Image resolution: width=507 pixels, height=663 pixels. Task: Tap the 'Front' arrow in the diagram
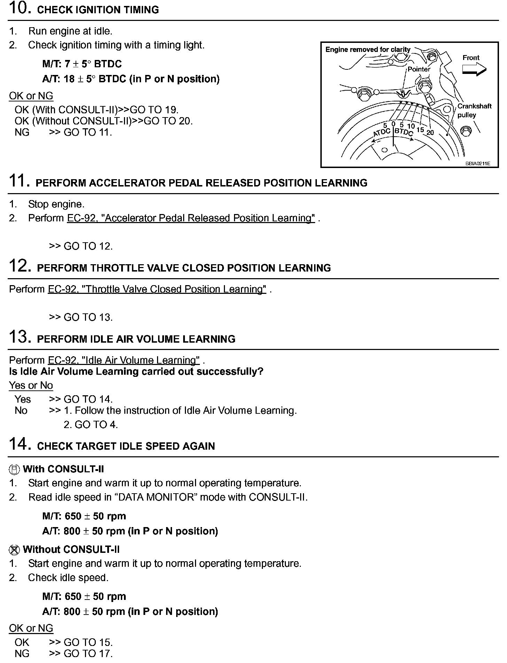[x=474, y=69]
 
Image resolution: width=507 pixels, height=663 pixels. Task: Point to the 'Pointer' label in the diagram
[x=419, y=69]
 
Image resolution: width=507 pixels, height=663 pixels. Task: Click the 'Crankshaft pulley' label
[x=474, y=110]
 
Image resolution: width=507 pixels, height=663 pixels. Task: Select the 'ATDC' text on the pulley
[x=382, y=132]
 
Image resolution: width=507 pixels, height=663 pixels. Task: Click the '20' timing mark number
[x=430, y=132]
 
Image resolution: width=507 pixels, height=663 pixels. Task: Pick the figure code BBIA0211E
[x=477, y=163]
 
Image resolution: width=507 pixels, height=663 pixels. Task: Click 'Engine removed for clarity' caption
[x=368, y=49]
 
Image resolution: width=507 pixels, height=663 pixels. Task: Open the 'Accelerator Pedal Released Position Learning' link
[x=191, y=218]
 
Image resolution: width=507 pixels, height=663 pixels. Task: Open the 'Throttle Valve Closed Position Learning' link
[x=157, y=289]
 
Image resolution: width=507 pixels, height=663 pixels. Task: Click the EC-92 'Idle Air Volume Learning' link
[x=124, y=360]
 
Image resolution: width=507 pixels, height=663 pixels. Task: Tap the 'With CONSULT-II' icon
[x=14, y=470]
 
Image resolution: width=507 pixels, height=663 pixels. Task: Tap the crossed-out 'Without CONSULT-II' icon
[x=14, y=550]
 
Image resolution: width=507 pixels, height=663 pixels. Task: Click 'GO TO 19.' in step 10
[x=154, y=110]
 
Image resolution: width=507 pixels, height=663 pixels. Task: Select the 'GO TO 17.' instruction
[x=88, y=653]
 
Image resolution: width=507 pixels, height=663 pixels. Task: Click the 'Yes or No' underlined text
[x=31, y=385]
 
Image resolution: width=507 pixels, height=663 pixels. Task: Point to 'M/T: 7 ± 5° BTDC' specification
[x=82, y=64]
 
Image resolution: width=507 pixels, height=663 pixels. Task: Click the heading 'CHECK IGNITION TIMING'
[x=98, y=10]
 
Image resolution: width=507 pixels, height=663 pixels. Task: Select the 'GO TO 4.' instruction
[x=91, y=425]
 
